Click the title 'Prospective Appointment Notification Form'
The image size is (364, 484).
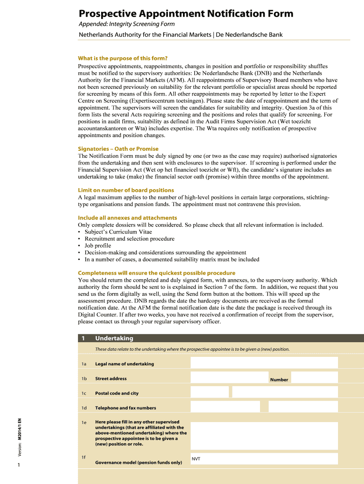tap(186, 14)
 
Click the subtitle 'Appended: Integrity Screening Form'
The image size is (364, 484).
tap(126, 24)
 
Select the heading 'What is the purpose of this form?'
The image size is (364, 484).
tap(123, 59)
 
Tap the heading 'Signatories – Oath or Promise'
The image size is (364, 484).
tap(118, 149)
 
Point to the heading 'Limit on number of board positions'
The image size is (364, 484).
tap(126, 190)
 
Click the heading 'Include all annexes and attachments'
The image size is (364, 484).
tap(127, 218)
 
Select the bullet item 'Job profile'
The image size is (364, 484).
tap(98, 246)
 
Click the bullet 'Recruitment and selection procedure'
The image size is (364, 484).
tap(130, 239)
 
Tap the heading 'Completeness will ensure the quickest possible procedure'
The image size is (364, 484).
tap(156, 273)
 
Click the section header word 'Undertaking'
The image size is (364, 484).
tap(114, 338)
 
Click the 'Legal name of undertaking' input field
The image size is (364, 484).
tap(264, 363)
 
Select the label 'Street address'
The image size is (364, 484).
tap(111, 379)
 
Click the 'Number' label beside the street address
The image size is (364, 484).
tap(279, 380)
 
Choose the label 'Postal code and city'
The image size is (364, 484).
tap(117, 393)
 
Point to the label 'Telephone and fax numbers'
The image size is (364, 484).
tap(125, 408)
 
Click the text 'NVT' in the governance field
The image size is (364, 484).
tap(196, 459)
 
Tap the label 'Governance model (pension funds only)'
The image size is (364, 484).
tap(139, 463)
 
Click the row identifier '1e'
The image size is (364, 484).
tap(84, 423)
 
